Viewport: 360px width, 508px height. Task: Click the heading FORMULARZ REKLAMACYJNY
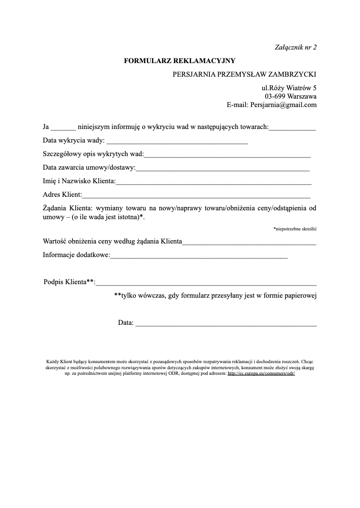(180, 60)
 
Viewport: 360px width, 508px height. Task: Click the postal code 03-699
(275, 96)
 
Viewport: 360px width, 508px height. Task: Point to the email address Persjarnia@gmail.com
(283, 105)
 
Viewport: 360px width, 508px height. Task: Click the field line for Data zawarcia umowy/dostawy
(223, 169)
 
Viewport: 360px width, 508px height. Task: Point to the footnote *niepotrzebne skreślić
(295, 229)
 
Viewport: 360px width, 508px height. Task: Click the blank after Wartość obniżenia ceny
(249, 243)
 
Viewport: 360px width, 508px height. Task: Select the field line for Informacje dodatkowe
(199, 257)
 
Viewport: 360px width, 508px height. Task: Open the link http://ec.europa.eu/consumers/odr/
(261, 374)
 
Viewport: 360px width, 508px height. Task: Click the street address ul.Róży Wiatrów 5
(289, 87)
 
